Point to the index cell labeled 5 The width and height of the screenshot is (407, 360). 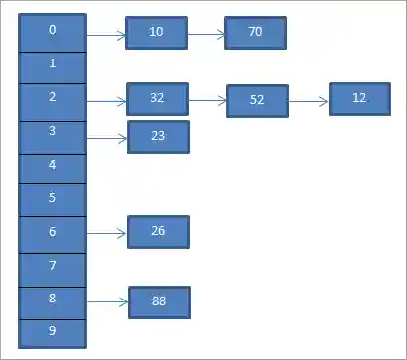tap(52, 198)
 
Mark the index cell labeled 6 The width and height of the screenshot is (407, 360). tap(52, 232)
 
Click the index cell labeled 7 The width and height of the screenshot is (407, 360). tap(52, 266)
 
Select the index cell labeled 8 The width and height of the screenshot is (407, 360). tap(52, 299)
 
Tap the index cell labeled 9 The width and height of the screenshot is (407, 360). tap(52, 330)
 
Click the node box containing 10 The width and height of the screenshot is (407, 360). tap(156, 33)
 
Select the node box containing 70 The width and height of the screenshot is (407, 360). tap(255, 33)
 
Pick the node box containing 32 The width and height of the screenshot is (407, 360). tap(157, 99)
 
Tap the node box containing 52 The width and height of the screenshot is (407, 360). tap(257, 101)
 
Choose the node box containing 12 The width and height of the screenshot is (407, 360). tap(359, 99)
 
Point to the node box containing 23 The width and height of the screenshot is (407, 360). tap(158, 136)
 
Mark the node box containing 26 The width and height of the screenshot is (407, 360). tap(158, 232)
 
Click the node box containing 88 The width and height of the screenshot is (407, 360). tap(159, 301)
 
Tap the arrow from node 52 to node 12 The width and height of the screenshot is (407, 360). tap(309, 100)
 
